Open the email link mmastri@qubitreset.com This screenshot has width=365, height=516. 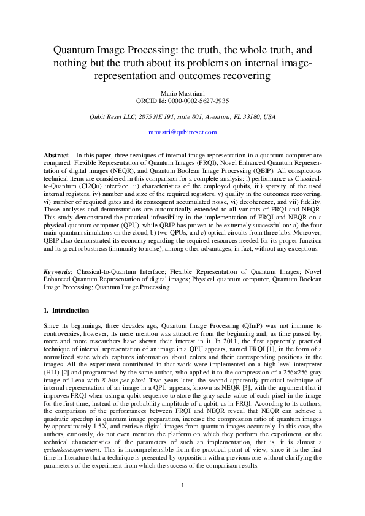click(x=182, y=132)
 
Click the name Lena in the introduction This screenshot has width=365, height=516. click(x=82, y=380)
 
